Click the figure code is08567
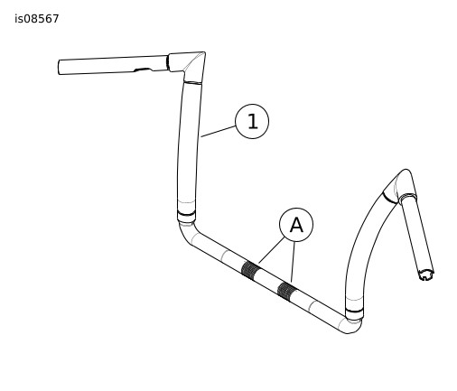point(37,19)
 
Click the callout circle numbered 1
point(252,121)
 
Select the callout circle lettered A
point(296,225)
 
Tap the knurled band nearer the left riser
point(251,270)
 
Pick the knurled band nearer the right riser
point(287,291)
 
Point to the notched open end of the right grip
point(426,275)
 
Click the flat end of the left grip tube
point(59,68)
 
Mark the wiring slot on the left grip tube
point(144,70)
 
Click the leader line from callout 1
point(219,132)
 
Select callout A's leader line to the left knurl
point(271,250)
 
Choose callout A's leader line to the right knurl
point(293,262)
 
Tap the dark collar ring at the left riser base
point(186,214)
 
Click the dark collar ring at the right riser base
point(354,311)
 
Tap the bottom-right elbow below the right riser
point(351,326)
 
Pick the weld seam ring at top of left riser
point(192,82)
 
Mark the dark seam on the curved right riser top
point(390,198)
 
